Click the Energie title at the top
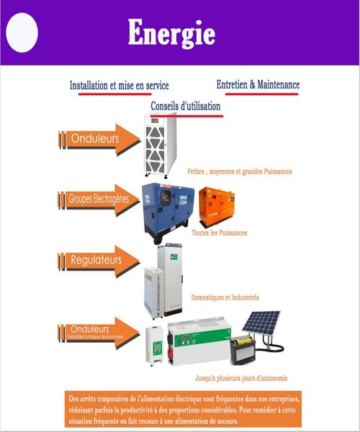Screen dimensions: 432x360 tap(171, 32)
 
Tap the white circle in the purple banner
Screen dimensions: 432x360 tap(22, 32)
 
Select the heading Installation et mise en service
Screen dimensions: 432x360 tap(119, 86)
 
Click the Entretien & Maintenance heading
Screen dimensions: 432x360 tap(257, 85)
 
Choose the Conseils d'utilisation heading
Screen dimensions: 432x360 tap(185, 107)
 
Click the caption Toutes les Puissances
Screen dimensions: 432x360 tap(220, 233)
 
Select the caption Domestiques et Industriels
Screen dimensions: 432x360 tap(225, 297)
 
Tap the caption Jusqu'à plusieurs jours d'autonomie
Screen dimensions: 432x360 tap(241, 378)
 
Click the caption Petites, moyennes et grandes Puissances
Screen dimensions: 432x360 tap(240, 172)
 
